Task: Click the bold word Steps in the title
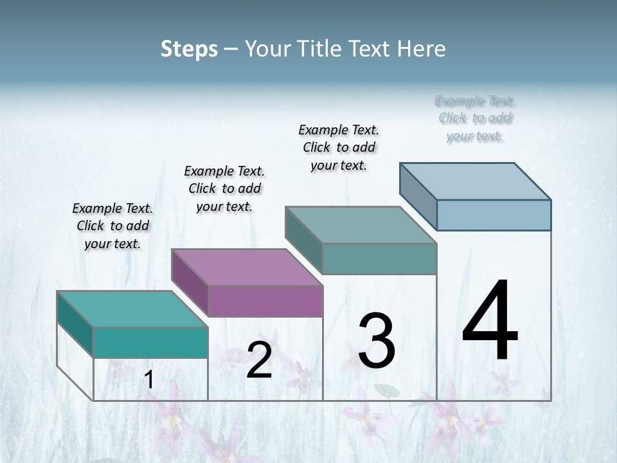click(x=188, y=49)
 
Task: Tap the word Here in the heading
click(x=422, y=49)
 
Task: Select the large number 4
click(x=490, y=321)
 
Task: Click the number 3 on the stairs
click(x=377, y=341)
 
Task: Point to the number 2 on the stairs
click(x=259, y=360)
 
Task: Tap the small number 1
click(x=149, y=380)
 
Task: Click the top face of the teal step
click(x=132, y=309)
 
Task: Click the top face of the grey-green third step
click(x=361, y=225)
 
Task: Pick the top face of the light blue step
click(x=475, y=181)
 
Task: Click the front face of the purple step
click(x=265, y=301)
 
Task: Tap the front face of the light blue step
click(x=494, y=215)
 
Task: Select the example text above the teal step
click(x=112, y=226)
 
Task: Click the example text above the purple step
click(x=224, y=188)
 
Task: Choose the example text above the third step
click(x=339, y=147)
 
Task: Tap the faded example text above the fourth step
click(x=475, y=118)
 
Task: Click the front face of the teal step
click(x=150, y=342)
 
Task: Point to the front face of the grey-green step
click(x=379, y=259)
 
